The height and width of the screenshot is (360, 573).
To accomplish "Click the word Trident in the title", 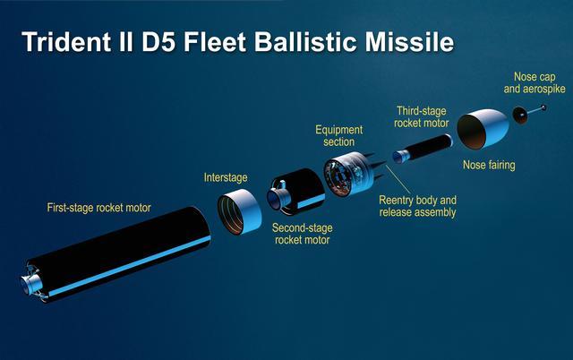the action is [66, 42].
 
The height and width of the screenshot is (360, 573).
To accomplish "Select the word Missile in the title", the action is [409, 42].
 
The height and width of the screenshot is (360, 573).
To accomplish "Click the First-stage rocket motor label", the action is [99, 208].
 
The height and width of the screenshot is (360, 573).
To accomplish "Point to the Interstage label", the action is [226, 177].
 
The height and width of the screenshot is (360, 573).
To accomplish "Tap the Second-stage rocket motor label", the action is [303, 234].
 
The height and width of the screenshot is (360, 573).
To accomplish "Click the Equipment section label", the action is [339, 135].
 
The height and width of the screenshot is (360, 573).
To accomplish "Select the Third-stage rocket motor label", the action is [422, 117].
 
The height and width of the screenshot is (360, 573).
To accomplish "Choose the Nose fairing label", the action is [489, 165].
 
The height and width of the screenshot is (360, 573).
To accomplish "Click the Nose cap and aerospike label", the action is [535, 82].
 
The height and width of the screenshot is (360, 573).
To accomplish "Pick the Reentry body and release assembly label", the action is [418, 206].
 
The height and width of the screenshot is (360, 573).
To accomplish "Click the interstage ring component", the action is [239, 211].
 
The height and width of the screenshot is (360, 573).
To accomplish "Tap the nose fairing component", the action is [483, 129].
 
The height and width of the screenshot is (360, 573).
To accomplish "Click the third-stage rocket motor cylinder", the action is [423, 148].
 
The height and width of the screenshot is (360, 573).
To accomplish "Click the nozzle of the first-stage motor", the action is [31, 284].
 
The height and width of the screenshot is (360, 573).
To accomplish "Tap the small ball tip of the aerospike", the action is [543, 107].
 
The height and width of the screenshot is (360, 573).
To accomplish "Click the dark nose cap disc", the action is [519, 115].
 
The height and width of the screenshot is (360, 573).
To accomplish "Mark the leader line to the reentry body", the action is [398, 180].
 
